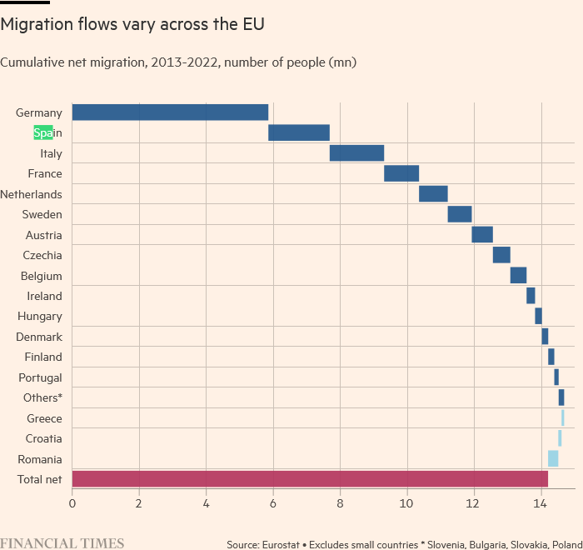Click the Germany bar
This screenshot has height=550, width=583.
[170, 112]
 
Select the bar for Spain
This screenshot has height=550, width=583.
[299, 132]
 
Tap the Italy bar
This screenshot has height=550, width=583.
[357, 153]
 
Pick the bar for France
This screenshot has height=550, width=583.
[401, 173]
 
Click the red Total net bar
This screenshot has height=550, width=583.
[310, 479]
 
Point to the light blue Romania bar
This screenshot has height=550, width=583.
[553, 458]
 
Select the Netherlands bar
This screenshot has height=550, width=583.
[433, 194]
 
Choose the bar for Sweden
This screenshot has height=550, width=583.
[460, 214]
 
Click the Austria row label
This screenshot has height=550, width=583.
[44, 235]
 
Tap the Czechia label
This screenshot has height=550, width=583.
[42, 255]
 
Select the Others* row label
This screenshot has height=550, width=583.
[42, 397]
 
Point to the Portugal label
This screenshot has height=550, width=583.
[40, 378]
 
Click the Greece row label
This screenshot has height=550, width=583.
[44, 418]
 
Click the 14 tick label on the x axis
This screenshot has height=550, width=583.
[540, 504]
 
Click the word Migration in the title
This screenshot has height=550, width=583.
[37, 24]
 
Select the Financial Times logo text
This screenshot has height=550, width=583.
[62, 543]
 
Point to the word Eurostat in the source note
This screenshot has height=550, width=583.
[281, 545]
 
